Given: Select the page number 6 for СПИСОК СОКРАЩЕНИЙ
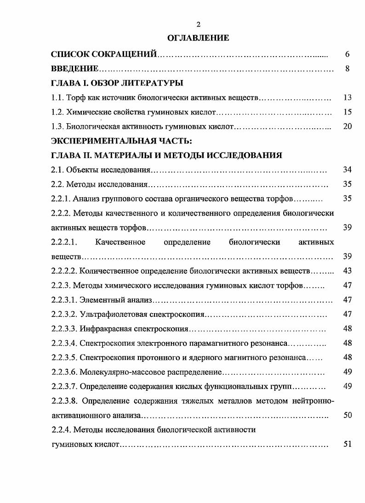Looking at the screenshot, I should (348, 54).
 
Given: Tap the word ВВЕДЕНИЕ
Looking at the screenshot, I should (74, 69).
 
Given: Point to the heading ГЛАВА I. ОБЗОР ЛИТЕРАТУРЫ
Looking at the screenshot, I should (117, 83).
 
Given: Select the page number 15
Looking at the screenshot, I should (347, 112).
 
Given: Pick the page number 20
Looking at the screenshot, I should (347, 126).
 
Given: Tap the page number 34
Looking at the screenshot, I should (347, 170).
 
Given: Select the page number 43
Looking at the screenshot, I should (347, 271).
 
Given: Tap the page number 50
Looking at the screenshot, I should (347, 415).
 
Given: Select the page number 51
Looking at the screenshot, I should (347, 445).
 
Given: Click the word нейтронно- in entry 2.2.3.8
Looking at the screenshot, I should (314, 401).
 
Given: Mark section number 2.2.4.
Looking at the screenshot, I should (60, 430).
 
